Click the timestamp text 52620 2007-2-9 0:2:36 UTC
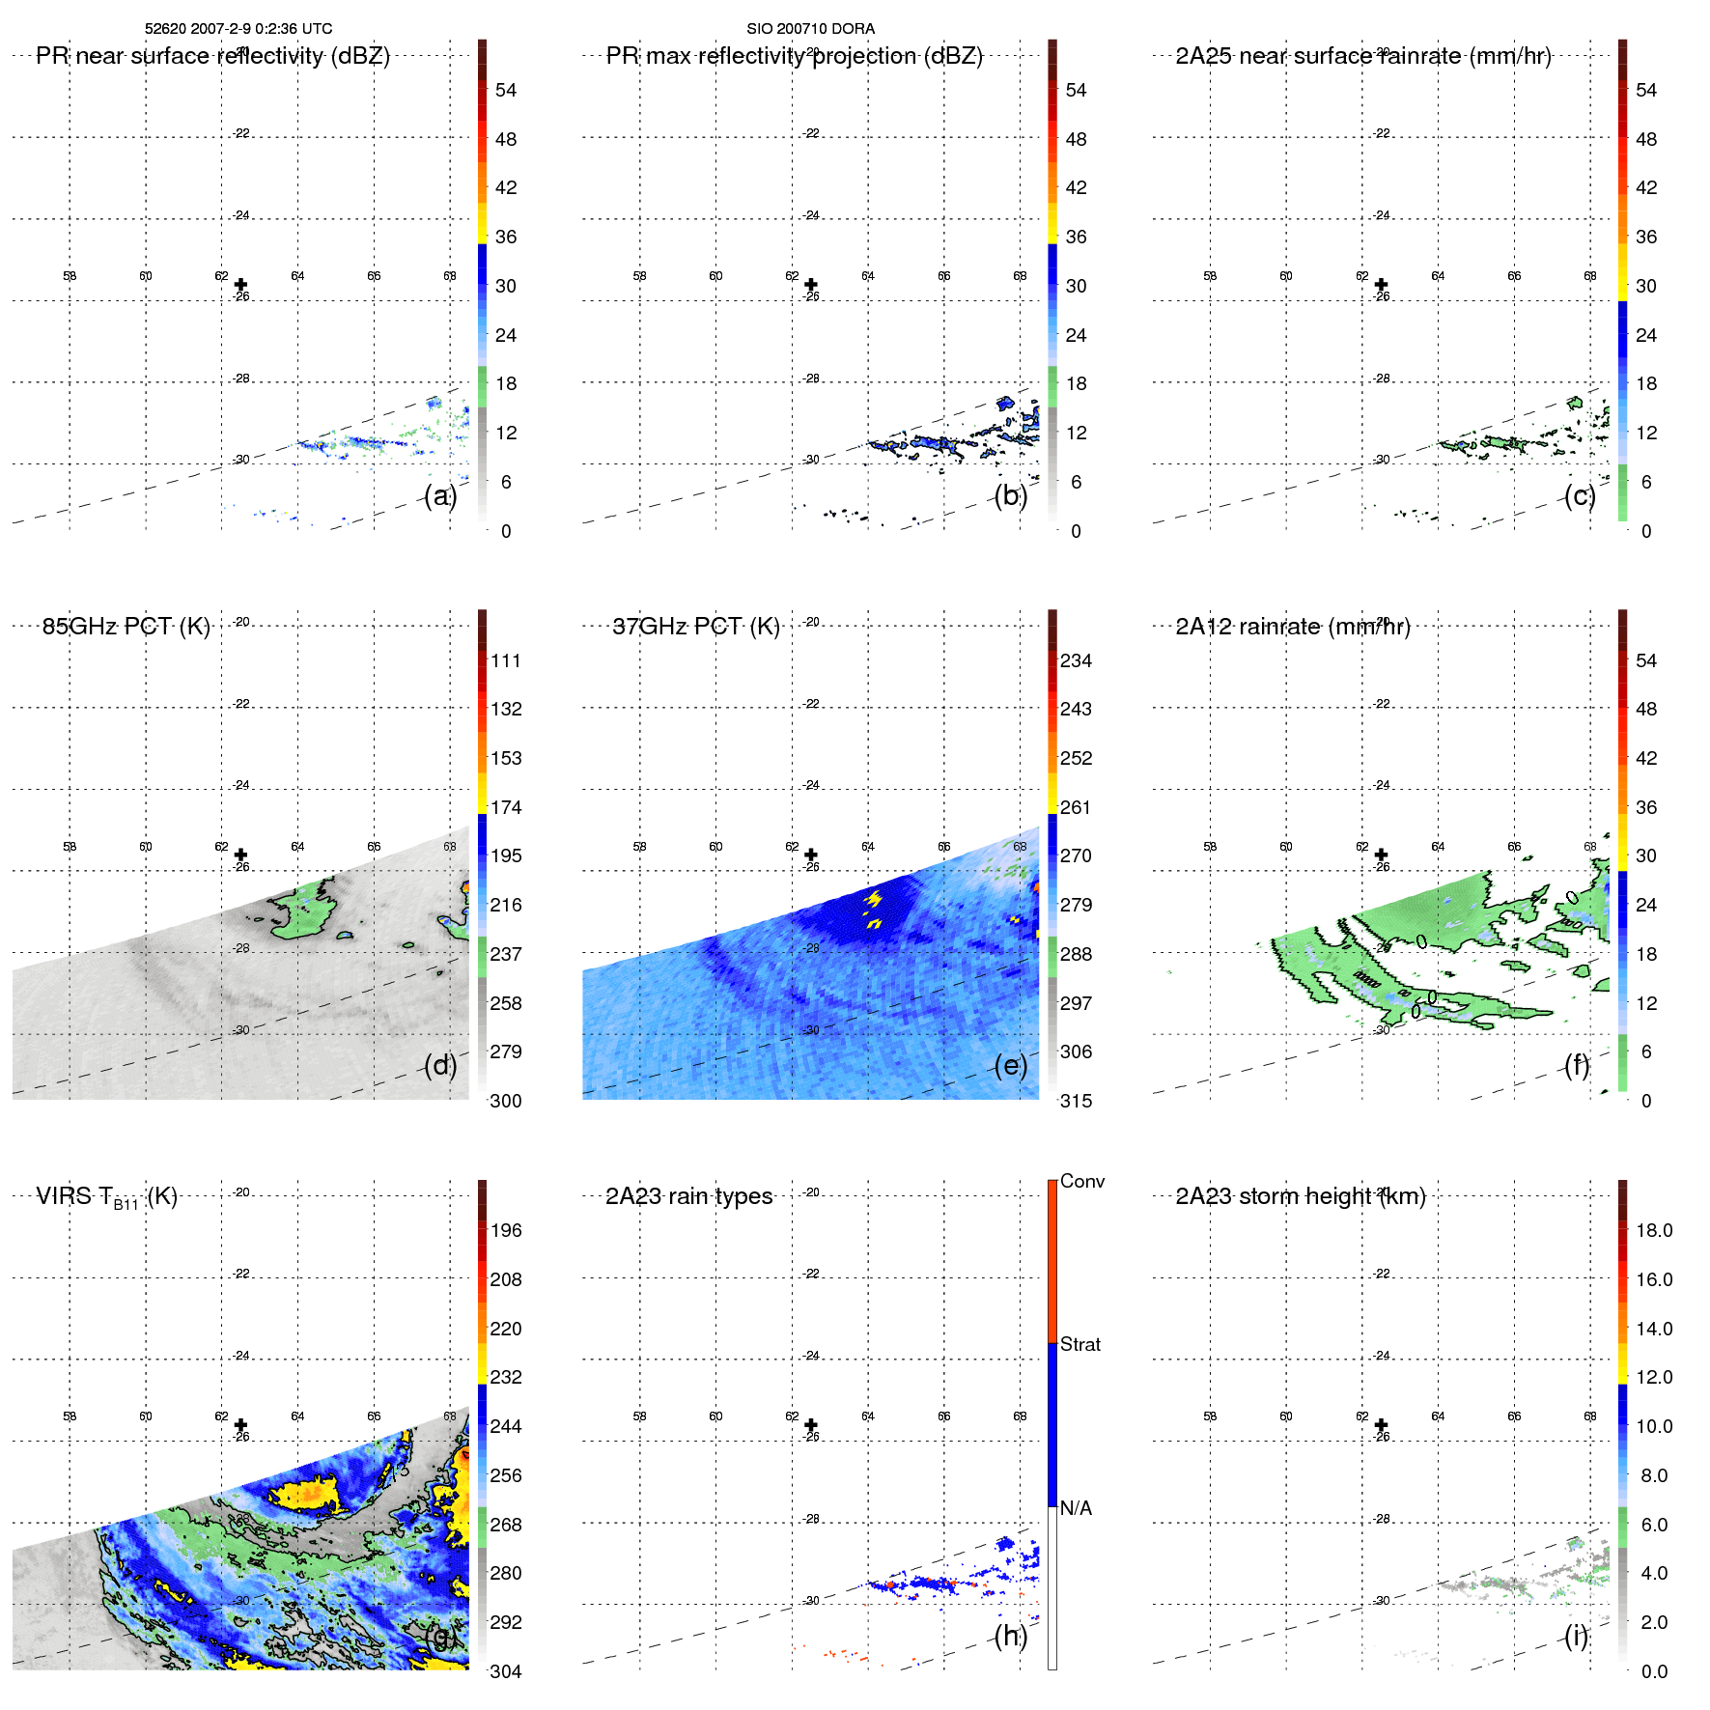pyautogui.click(x=238, y=29)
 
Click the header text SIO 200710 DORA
pyautogui.click(x=810, y=29)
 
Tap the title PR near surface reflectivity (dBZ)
pyautogui.click(x=212, y=56)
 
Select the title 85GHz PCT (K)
pyautogui.click(x=126, y=627)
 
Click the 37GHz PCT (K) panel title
pyautogui.click(x=695, y=627)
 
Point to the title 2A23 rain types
pyautogui.click(x=688, y=1196)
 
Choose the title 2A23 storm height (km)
pyautogui.click(x=1300, y=1196)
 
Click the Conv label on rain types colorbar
pyautogui.click(x=1081, y=1181)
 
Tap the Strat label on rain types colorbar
pyautogui.click(x=1079, y=1344)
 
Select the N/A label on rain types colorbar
pyautogui.click(x=1076, y=1508)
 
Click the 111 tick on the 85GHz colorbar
pyautogui.click(x=505, y=660)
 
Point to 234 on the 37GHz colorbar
pyautogui.click(x=1076, y=660)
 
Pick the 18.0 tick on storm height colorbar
pyautogui.click(x=1653, y=1230)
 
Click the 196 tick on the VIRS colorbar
pyautogui.click(x=505, y=1230)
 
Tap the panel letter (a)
pyautogui.click(x=439, y=495)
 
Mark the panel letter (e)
pyautogui.click(x=1010, y=1065)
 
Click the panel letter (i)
pyautogui.click(x=1576, y=1636)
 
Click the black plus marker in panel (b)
pyautogui.click(x=811, y=285)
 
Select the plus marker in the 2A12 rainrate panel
pyautogui.click(x=1381, y=855)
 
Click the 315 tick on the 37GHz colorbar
pyautogui.click(x=1076, y=1101)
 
